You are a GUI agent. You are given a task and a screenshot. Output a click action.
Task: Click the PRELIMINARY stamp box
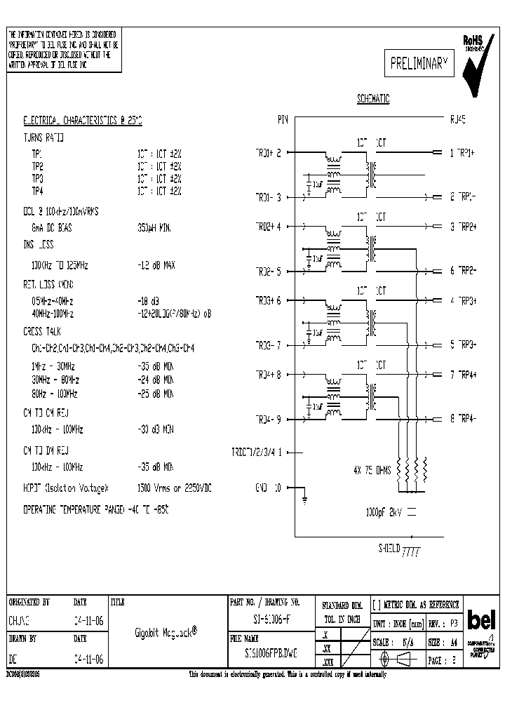point(419,65)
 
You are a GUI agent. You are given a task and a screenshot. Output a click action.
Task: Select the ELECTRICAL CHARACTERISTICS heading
point(83,121)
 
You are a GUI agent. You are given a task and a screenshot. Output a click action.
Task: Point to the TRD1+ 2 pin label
point(267,152)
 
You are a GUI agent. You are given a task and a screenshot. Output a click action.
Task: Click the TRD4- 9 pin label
point(267,420)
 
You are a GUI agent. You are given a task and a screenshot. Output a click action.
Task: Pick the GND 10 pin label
point(267,488)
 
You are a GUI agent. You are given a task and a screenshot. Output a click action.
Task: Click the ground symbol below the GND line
point(304,500)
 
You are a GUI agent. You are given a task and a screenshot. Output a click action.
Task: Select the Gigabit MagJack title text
point(166,631)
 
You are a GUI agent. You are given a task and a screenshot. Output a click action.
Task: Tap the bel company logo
point(481,621)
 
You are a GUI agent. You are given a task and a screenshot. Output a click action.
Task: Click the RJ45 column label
point(457,120)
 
